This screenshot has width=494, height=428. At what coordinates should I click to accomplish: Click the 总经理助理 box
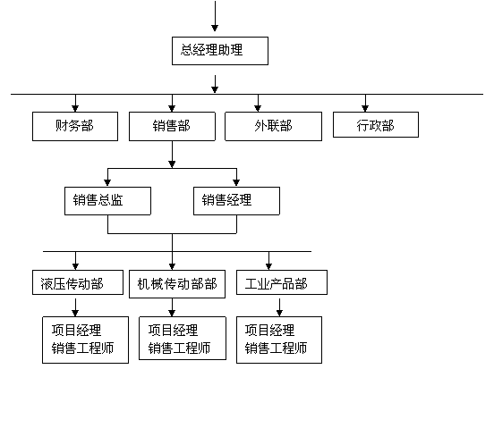coord(220,51)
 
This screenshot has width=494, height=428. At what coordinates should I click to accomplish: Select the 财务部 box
coord(75,126)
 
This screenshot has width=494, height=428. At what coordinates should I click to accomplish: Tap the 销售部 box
coord(172,126)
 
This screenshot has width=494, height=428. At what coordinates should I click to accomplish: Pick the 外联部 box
coord(273,126)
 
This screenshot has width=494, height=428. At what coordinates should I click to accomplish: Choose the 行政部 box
coord(376,124)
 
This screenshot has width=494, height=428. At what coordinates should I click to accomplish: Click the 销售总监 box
coord(107,201)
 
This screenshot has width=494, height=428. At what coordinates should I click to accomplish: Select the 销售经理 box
coord(236,201)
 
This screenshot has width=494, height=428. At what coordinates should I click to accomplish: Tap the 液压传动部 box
coord(78,282)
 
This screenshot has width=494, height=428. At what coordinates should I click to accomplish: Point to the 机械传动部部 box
coord(177,284)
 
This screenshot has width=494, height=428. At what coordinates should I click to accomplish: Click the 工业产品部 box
coord(282,282)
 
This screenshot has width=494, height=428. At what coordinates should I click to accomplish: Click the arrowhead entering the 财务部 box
coord(75,108)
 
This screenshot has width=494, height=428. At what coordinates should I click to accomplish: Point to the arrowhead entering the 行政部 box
coord(365,108)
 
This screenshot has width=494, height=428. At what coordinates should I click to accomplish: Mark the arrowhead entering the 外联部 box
coord(258,108)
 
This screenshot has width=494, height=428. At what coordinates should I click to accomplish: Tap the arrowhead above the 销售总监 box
coord(107,182)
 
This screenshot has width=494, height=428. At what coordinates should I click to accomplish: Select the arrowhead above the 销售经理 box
coord(236,182)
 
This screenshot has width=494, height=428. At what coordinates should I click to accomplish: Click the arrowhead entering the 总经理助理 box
coord(215,28)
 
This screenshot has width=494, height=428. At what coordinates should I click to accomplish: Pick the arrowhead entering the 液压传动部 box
coord(75,266)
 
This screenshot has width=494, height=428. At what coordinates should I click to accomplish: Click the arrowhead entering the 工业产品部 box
coord(268,266)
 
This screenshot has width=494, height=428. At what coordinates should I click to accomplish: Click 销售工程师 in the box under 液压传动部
coord(82,348)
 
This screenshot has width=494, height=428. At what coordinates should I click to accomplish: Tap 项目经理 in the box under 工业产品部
coord(269,331)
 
